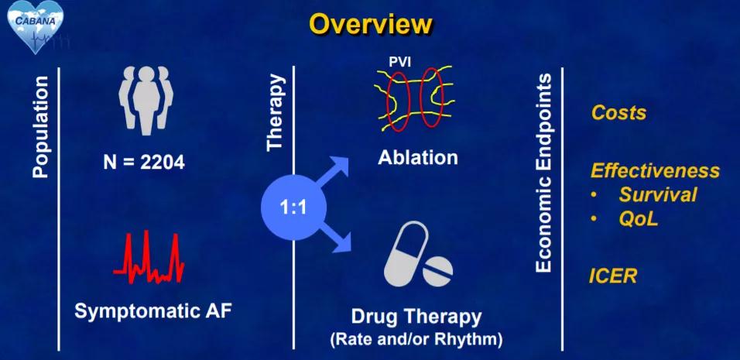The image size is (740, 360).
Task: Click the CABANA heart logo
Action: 36,26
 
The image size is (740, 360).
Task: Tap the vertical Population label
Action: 40,127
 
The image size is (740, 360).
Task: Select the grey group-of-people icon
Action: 146,98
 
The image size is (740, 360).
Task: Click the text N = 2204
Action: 144,162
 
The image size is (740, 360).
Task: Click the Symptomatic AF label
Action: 153,312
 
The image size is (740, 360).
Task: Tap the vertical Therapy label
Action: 276,111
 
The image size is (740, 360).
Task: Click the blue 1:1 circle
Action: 293,207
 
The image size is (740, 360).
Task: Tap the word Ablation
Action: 418,157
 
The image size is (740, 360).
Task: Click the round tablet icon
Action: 437,272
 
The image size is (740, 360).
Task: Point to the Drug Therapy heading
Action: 416,317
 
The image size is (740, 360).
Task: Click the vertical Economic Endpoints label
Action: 543,173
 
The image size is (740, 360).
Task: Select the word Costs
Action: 618,113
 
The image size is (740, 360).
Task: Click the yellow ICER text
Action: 613,276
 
